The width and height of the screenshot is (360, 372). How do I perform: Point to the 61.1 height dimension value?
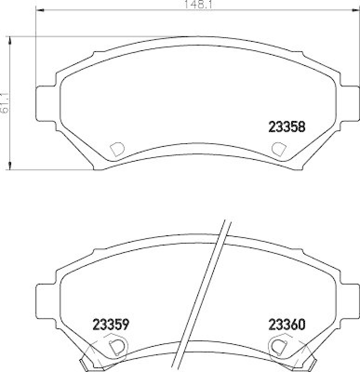tap(4, 103)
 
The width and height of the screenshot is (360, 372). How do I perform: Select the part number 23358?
tap(287, 127)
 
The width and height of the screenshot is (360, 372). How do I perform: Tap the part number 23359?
tap(111, 324)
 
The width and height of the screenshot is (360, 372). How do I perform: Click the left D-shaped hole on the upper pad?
tap(116, 149)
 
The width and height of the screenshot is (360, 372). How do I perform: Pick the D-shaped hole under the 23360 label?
tap(279, 346)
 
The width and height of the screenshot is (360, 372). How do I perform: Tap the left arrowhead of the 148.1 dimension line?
tap(39, 10)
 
